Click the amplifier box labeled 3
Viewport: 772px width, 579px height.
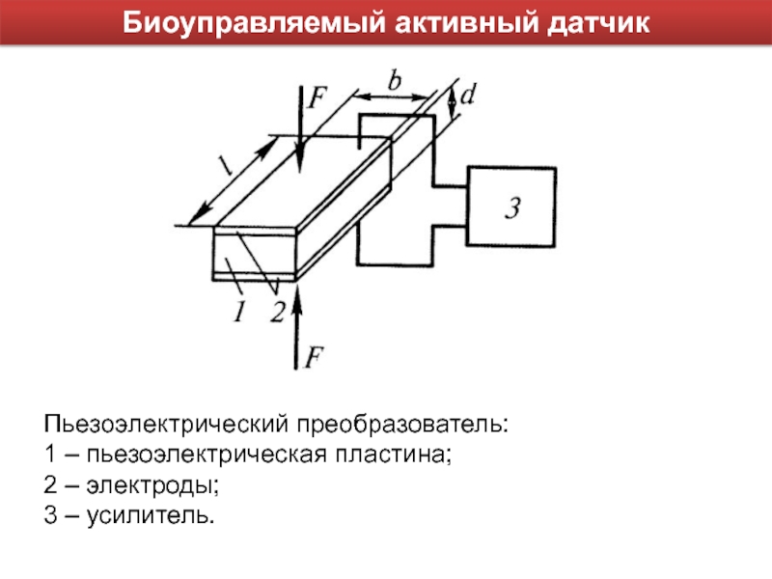(x=511, y=206)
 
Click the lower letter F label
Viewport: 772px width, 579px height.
(x=315, y=358)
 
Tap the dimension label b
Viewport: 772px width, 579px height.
(x=394, y=81)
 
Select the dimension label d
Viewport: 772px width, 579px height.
(x=468, y=96)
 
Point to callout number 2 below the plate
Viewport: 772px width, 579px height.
(x=277, y=312)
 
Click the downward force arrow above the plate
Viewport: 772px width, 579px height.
(x=299, y=130)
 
